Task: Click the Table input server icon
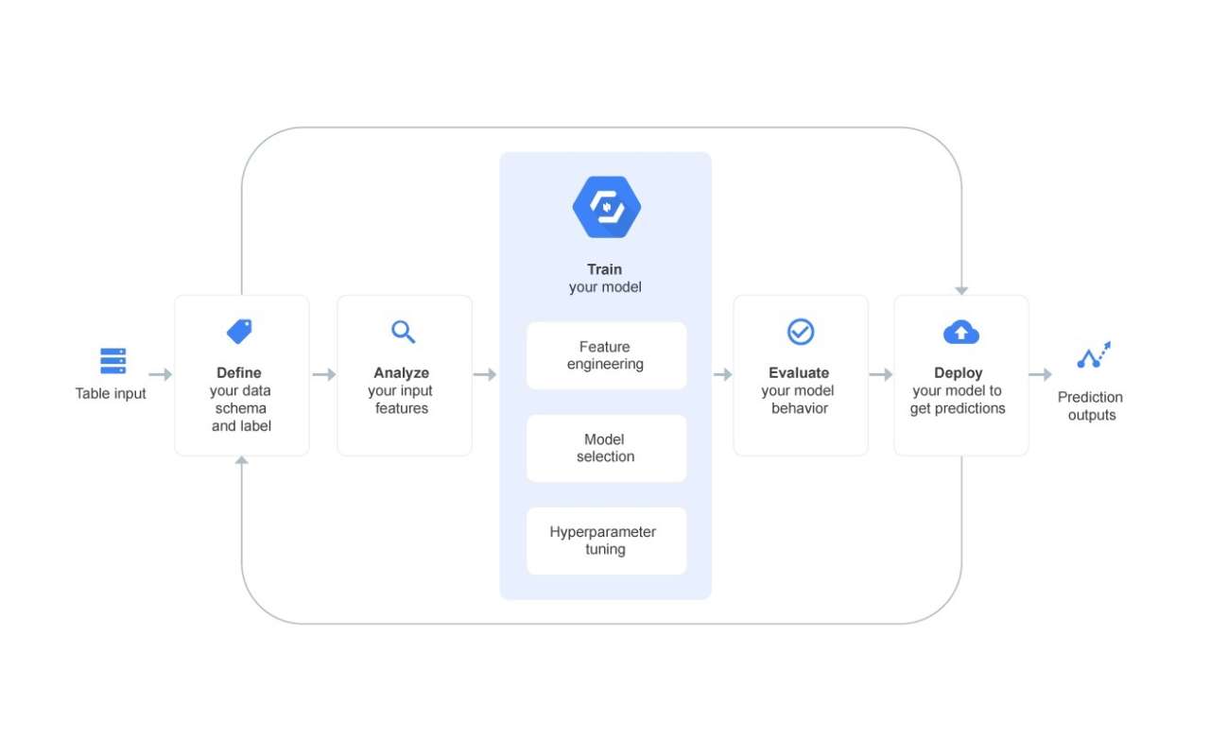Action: point(112,361)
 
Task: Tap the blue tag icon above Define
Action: point(240,332)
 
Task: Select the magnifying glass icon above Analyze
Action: point(404,332)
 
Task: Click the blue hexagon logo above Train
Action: point(606,207)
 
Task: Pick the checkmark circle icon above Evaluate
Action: point(801,332)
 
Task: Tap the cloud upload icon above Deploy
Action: point(960,332)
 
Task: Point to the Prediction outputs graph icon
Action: point(1094,355)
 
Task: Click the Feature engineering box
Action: point(606,355)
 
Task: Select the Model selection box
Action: point(606,448)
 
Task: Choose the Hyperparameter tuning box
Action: point(606,541)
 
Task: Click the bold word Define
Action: point(239,373)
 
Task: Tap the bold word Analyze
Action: point(402,373)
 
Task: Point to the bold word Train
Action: point(605,269)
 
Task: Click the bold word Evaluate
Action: point(799,373)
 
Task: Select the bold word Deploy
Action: point(959,373)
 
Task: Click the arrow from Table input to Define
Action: point(161,375)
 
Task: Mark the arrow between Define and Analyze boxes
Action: point(324,375)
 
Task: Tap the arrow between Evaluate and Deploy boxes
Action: point(881,375)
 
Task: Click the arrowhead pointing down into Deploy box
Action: point(961,290)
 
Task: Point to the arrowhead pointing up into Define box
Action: point(242,461)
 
